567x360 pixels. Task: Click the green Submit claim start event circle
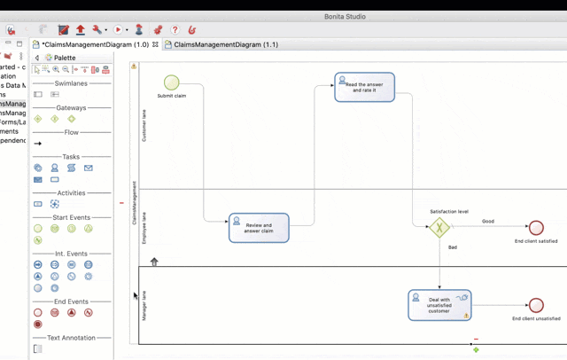tap(171, 83)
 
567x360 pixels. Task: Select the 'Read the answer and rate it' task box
tap(364, 87)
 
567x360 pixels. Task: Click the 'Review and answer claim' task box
tap(259, 228)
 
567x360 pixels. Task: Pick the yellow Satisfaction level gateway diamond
tap(439, 228)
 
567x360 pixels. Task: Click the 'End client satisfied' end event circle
tap(535, 228)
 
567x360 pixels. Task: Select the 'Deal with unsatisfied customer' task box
tap(439, 305)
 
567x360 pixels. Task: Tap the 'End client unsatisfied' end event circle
tap(535, 306)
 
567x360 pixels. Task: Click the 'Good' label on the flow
tap(488, 221)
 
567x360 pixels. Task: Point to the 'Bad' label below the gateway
tap(453, 247)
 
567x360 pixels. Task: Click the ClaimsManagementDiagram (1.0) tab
tap(95, 44)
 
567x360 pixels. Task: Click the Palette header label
tap(65, 58)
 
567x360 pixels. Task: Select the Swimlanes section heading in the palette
tap(72, 82)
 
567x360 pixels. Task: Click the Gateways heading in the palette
tap(72, 107)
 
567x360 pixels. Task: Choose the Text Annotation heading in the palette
tap(72, 338)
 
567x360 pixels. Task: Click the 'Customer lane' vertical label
tap(144, 125)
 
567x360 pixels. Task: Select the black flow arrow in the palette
tap(37, 144)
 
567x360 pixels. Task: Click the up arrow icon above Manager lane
tap(154, 262)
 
